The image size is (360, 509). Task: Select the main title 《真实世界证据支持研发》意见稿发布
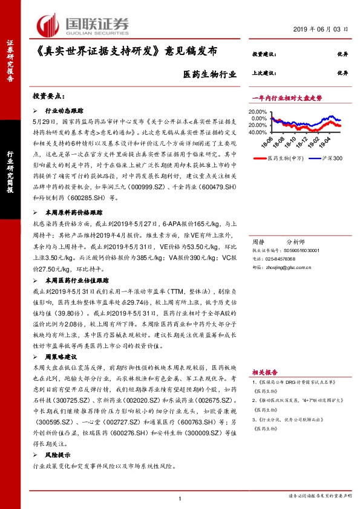(x=116, y=55)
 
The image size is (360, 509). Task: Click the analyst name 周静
(x=258, y=240)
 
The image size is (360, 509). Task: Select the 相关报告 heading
(x=264, y=372)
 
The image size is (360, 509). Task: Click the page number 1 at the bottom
(x=180, y=498)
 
